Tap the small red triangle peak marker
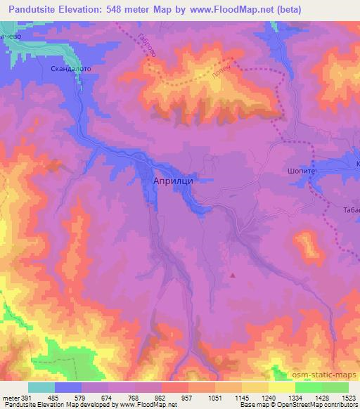233,275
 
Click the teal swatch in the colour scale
41,387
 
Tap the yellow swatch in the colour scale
281,387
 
